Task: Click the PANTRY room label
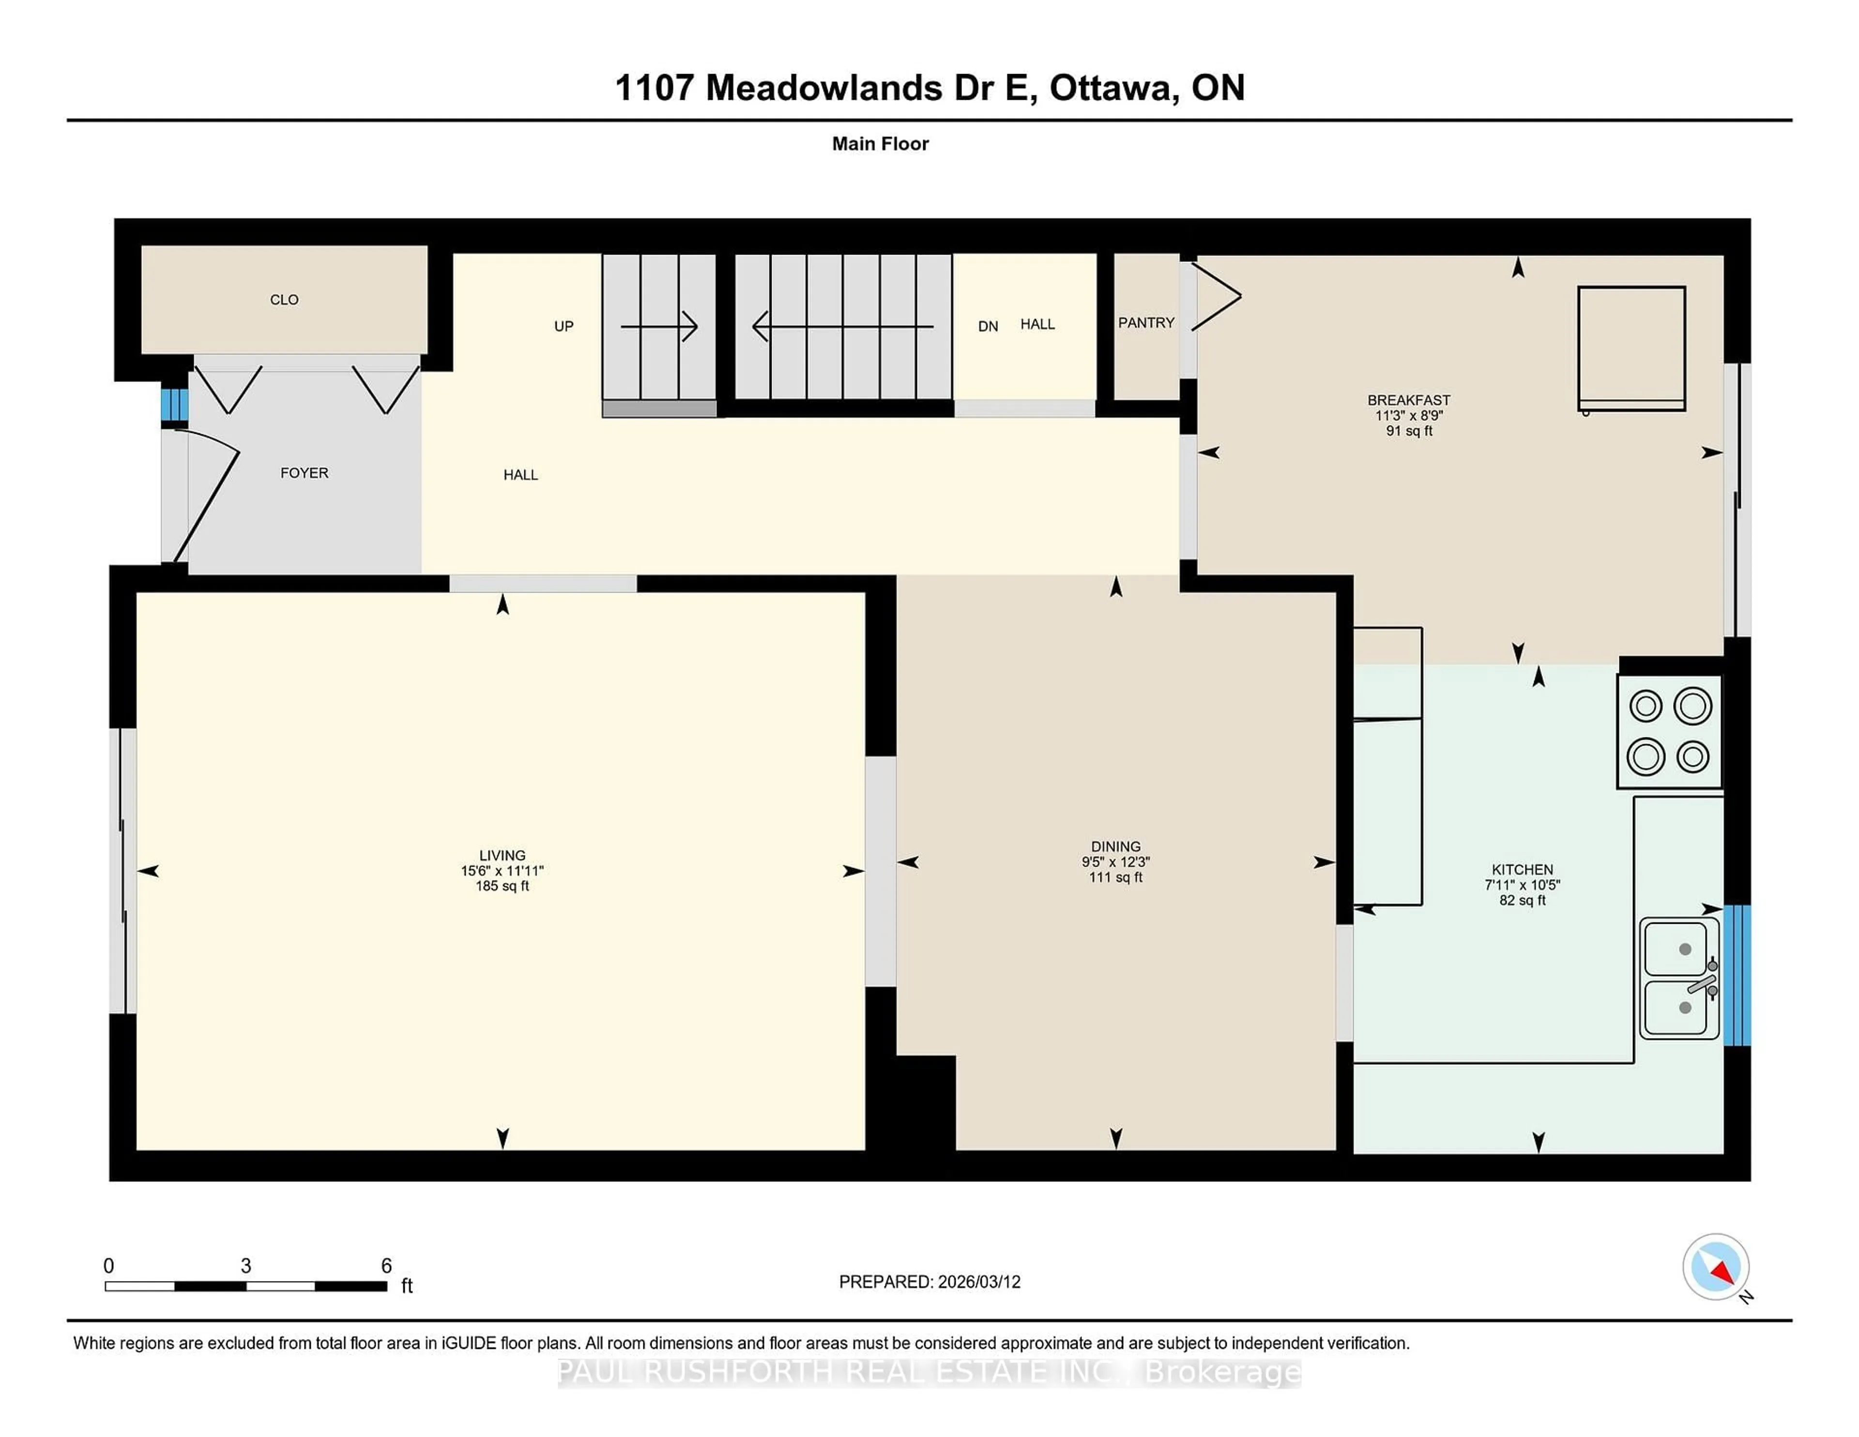(1146, 322)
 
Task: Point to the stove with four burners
(1669, 731)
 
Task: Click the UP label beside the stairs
(564, 326)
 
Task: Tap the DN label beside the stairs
(988, 326)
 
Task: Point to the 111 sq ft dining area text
(1115, 877)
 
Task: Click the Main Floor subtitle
(880, 144)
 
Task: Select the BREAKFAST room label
(1409, 400)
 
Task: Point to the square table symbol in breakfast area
(1631, 348)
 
